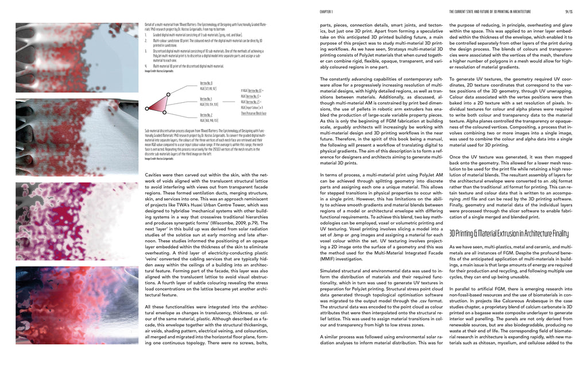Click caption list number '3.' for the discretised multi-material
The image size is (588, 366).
click(x=146, y=51)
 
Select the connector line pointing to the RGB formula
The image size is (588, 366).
click(x=232, y=98)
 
